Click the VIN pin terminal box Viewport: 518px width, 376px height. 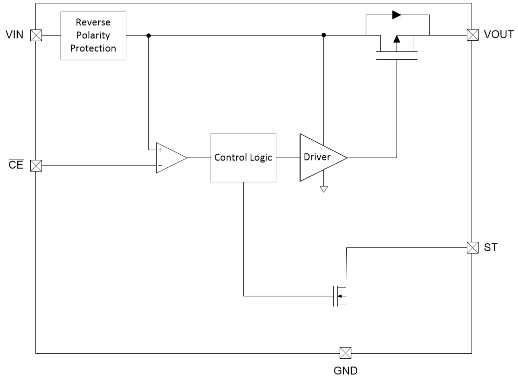pos(36,35)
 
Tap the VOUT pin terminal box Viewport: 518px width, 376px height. pos(473,35)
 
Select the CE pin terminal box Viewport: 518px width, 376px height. pos(36,166)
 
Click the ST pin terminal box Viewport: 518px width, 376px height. pos(473,248)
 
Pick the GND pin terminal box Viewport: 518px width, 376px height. pos(345,353)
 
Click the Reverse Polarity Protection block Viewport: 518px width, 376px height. pos(93,35)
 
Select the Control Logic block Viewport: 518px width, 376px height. pos(243,157)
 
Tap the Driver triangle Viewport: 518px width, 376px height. pos(320,157)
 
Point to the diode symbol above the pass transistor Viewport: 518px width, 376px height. pos(397,15)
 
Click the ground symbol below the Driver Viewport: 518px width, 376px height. pos(324,189)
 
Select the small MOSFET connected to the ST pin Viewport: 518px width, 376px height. pos(340,296)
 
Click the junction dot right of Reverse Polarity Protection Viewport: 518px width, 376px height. pos(148,35)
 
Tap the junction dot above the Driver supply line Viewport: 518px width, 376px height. pos(324,35)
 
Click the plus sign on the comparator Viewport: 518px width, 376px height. pos(160,150)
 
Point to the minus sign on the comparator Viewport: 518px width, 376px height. pos(160,166)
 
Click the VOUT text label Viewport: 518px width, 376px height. pos(498,34)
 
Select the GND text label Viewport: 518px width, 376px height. pos(345,370)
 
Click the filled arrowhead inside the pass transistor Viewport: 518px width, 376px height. pos(397,39)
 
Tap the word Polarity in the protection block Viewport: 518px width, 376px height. pos(93,35)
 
